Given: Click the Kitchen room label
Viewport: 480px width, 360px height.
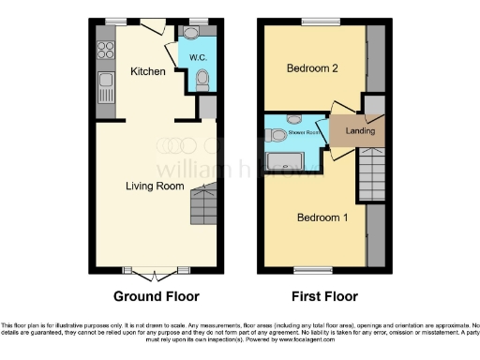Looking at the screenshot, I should click(147, 71).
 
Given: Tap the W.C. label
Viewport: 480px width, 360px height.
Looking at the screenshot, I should click(198, 58).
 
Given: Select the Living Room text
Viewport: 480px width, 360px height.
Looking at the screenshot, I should click(155, 186).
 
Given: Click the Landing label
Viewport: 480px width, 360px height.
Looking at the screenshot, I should click(360, 130).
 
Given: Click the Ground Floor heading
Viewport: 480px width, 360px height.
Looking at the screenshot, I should click(156, 297).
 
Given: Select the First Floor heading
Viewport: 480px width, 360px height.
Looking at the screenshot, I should click(324, 297).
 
